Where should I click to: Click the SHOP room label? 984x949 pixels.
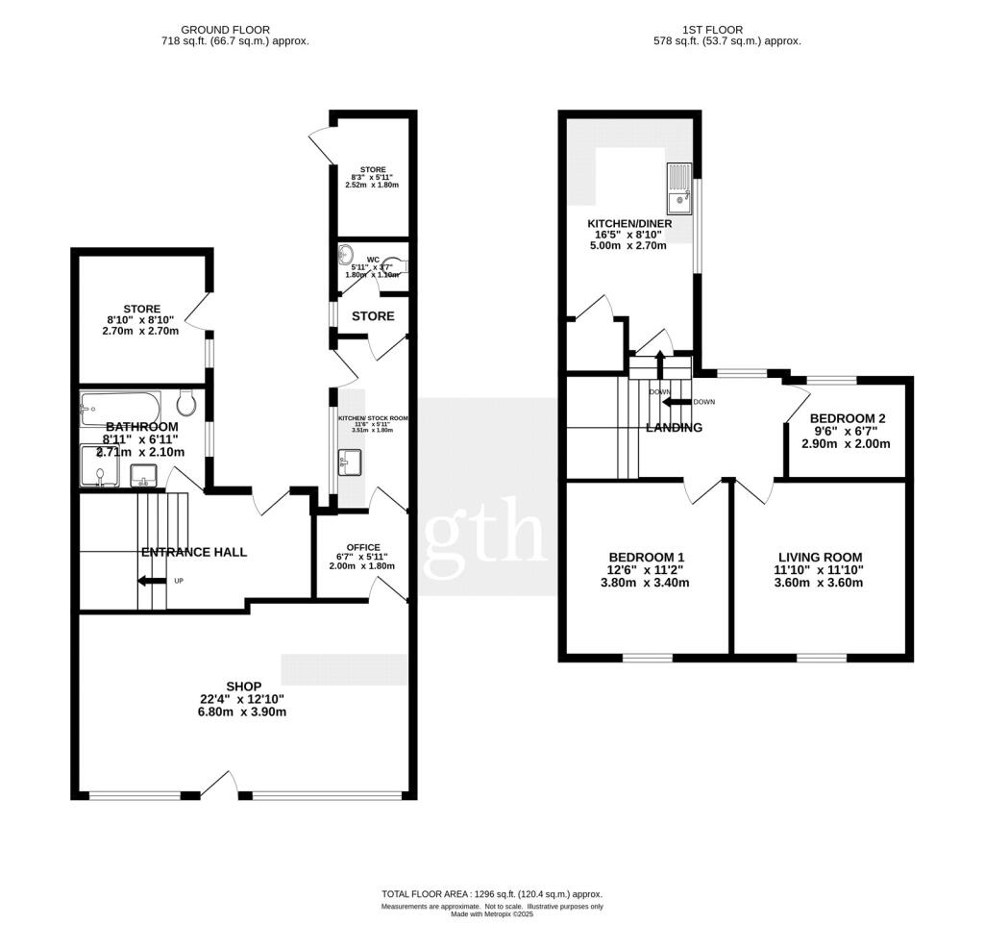[243, 686]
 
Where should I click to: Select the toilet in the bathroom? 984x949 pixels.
[187, 403]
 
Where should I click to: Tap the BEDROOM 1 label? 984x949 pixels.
[647, 557]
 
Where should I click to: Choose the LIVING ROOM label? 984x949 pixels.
[820, 557]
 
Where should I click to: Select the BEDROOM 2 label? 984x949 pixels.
[847, 418]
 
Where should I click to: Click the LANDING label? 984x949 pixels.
[674, 428]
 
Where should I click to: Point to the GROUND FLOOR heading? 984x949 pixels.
[226, 30]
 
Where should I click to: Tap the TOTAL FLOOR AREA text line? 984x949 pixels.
[491, 894]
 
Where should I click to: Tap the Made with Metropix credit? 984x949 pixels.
[491, 914]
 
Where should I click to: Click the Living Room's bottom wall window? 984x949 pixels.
[822, 658]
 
